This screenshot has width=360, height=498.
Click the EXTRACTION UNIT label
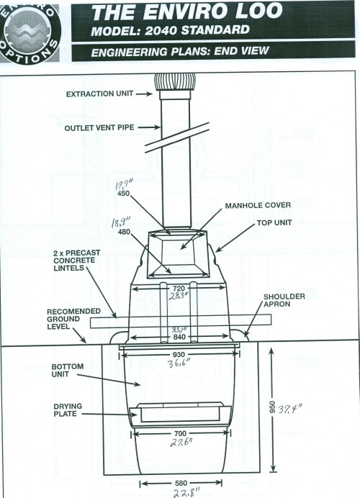click(x=99, y=94)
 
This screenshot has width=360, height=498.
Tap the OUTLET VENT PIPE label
click(x=99, y=127)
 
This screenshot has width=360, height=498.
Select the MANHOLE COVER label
click(x=258, y=206)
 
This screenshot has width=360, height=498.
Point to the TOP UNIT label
click(x=274, y=222)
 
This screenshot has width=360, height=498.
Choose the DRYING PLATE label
click(x=68, y=410)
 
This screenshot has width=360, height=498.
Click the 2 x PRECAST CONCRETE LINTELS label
click(x=76, y=261)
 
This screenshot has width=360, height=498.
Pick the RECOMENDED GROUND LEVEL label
click(x=73, y=319)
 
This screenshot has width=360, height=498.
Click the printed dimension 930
click(x=179, y=355)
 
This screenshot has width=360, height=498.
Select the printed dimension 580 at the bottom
click(x=181, y=484)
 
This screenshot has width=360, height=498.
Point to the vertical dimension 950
click(x=272, y=407)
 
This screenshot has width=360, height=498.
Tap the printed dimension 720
click(x=179, y=289)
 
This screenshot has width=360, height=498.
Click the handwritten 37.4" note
click(x=290, y=409)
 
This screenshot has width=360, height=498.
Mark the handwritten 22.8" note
click(x=186, y=492)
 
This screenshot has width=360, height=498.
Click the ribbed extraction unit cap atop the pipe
click(x=175, y=82)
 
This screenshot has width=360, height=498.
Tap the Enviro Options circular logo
click(x=30, y=32)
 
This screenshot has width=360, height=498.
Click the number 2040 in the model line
click(x=161, y=30)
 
